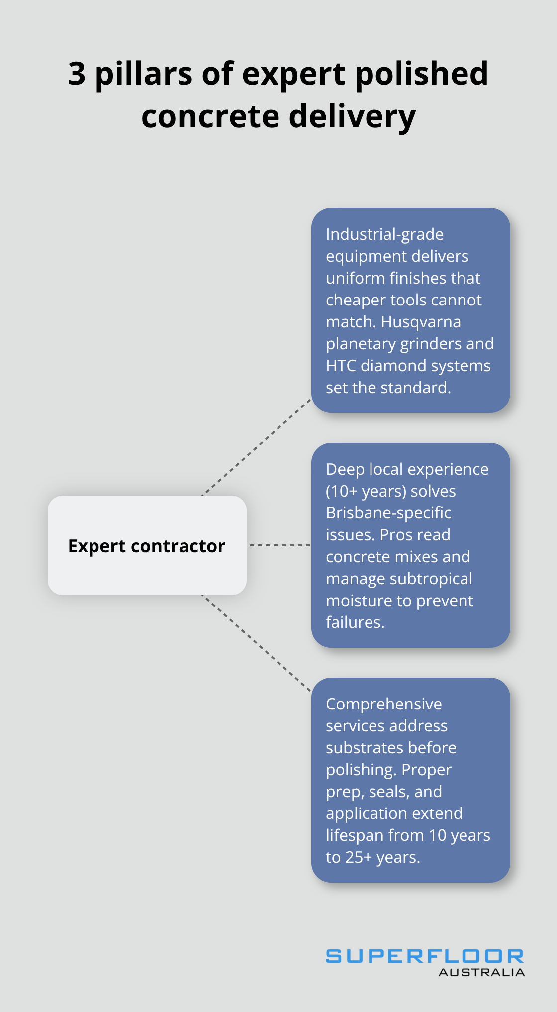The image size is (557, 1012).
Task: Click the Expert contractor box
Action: (147, 545)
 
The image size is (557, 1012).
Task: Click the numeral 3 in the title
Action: (77, 74)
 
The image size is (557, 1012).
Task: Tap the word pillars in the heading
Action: (144, 74)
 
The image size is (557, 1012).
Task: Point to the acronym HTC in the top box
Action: (341, 366)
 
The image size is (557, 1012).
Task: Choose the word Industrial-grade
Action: (384, 234)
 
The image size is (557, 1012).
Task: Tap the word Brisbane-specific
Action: (388, 513)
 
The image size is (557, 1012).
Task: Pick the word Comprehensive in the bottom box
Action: (383, 704)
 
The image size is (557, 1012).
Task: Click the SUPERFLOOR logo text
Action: (424, 956)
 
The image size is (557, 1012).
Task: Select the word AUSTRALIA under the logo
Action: (481, 972)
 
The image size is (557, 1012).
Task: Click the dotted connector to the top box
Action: (257, 447)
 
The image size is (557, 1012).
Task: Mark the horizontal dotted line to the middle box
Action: (279, 545)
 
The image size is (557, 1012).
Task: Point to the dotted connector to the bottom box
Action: (257, 643)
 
